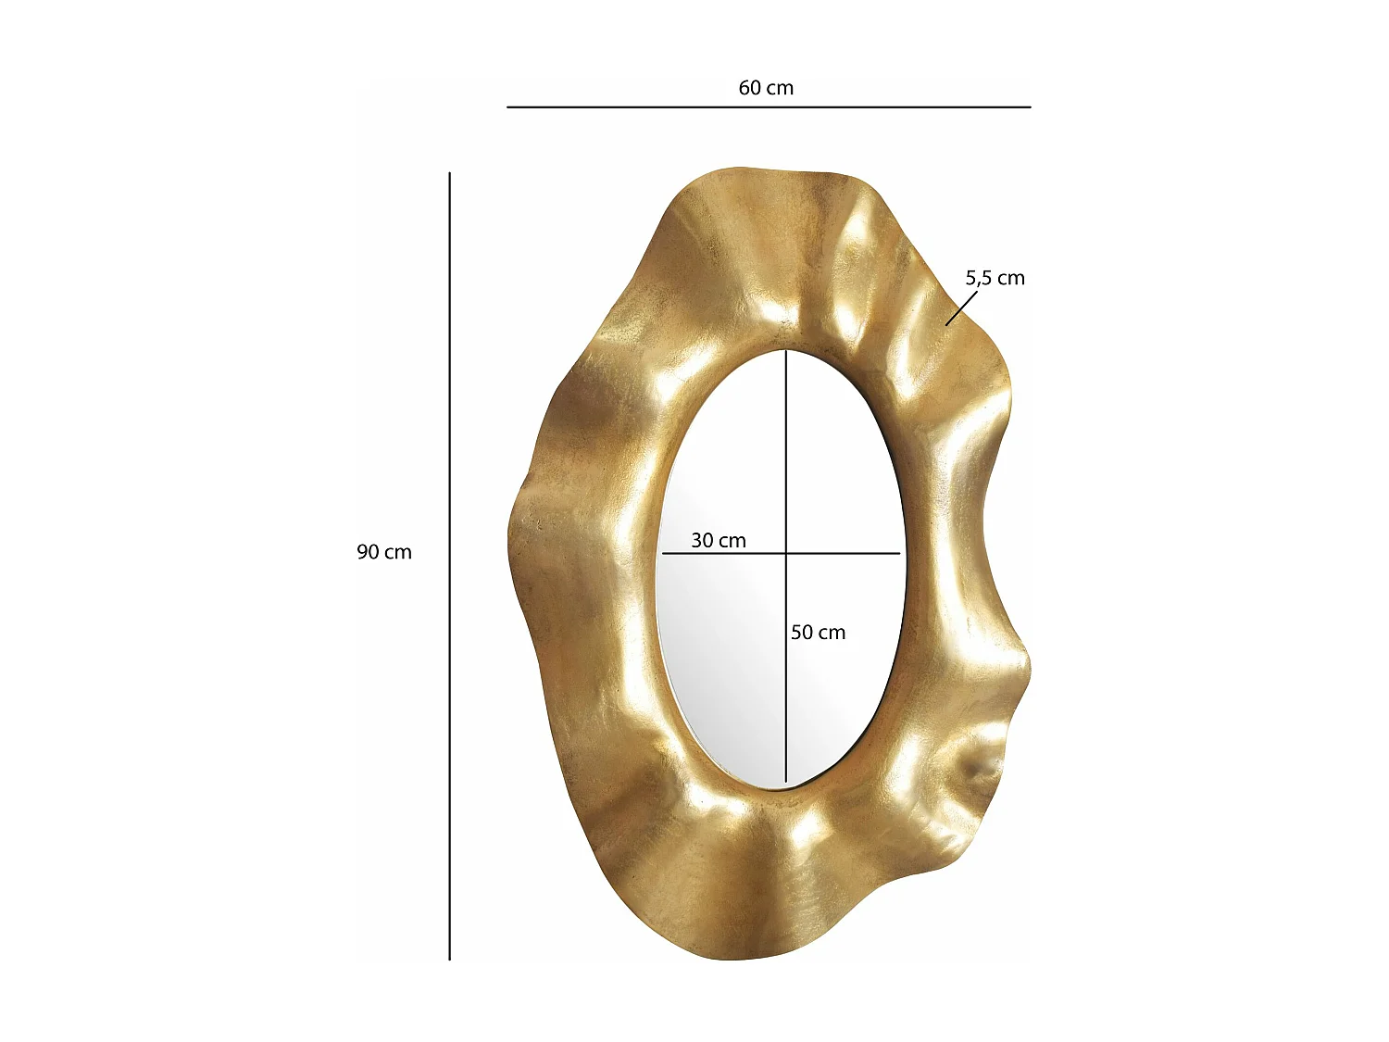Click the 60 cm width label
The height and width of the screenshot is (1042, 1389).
point(766,88)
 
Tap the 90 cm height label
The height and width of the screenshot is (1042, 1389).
point(384,552)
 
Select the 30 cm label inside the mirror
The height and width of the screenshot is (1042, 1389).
point(719,541)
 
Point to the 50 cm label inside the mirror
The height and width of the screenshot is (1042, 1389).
point(818,633)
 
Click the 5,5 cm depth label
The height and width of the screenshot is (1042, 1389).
point(995,278)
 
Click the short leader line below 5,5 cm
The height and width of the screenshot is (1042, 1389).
point(961,308)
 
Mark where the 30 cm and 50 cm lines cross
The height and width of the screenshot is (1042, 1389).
point(786,554)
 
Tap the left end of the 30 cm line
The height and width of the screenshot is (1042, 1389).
point(663,554)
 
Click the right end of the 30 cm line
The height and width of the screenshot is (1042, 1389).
point(899,554)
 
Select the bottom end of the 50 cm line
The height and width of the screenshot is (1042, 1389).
point(786,783)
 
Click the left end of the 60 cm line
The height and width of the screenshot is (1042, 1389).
point(507,107)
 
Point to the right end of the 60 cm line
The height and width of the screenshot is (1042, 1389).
point(1030,107)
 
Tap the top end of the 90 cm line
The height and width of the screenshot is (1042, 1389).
point(450,173)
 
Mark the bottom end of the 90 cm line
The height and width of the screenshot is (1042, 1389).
point(450,959)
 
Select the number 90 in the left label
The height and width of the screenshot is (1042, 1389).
point(369,552)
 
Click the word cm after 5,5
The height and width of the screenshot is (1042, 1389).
point(1010,278)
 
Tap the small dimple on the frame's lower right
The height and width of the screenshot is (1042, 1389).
point(978,768)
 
